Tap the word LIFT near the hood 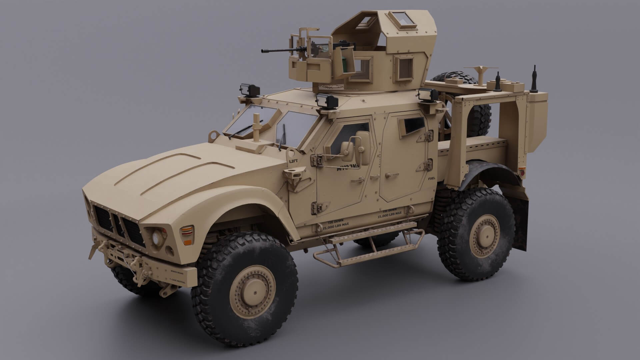[x=293, y=161]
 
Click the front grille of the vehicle [x=120, y=225]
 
